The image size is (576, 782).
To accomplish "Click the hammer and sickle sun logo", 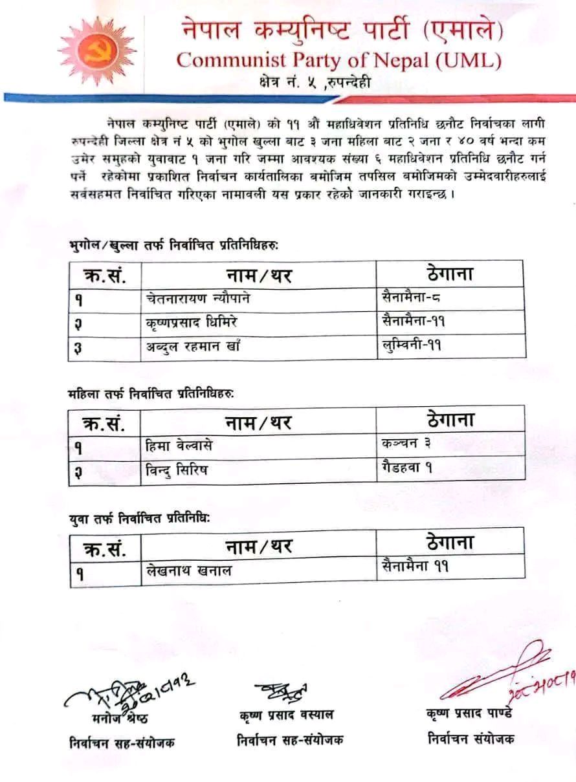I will tap(89, 51).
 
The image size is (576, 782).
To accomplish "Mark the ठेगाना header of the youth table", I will tap(450, 541).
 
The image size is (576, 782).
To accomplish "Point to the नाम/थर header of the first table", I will tap(258, 276).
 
